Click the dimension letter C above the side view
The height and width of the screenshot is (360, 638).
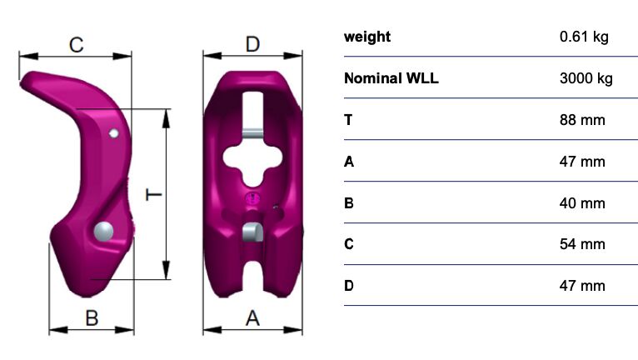(x=76, y=45)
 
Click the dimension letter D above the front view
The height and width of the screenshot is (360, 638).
(x=252, y=44)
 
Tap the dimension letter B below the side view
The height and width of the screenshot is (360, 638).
(x=92, y=317)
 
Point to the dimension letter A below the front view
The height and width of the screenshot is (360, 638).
(x=252, y=317)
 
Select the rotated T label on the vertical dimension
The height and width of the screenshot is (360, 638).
(x=154, y=195)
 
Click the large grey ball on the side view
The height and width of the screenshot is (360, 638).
(x=103, y=232)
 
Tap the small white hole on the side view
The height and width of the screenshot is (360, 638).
(x=114, y=133)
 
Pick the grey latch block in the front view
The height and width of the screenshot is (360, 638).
(x=253, y=232)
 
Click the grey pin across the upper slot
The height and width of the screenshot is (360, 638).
(x=252, y=133)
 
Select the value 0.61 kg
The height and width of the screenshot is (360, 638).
(x=584, y=37)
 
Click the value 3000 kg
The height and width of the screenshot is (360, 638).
(x=586, y=78)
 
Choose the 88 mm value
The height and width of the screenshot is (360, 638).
(x=582, y=120)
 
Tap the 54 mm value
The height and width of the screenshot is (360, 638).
(x=582, y=244)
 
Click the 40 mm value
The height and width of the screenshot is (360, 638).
(x=582, y=202)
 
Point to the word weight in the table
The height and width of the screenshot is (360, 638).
(x=367, y=37)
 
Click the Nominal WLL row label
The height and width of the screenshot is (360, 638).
(x=391, y=78)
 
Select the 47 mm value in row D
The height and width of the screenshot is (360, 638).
(x=582, y=286)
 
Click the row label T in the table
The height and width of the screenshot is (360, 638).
(x=348, y=120)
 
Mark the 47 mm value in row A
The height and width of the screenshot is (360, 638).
(x=582, y=162)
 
